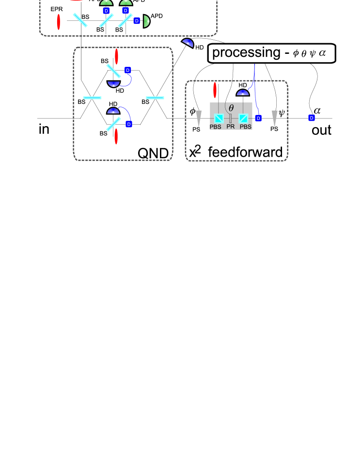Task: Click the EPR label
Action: [57, 9]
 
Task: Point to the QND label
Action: [153, 153]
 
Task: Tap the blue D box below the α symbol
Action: [312, 118]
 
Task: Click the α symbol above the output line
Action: [317, 110]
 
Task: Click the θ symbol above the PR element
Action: [231, 108]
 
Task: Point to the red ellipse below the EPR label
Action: [59, 22]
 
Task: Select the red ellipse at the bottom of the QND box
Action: [116, 136]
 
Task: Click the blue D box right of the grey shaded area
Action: [258, 118]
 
